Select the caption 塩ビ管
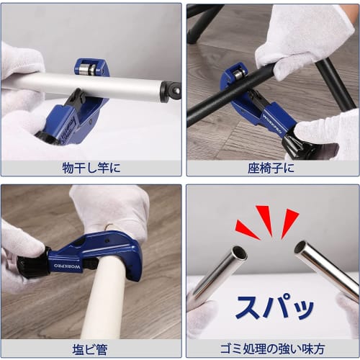[x=91, y=349]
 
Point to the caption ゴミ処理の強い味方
[x=272, y=349]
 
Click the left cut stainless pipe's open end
[x=239, y=253]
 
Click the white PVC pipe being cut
[x=105, y=295]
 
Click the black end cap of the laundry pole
[x=171, y=91]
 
